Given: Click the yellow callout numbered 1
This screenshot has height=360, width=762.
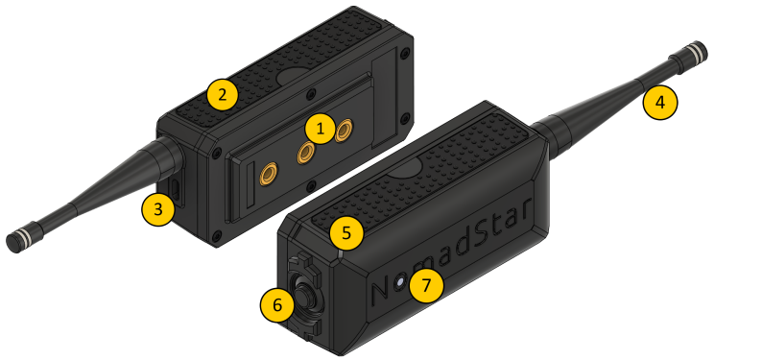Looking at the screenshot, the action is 320,129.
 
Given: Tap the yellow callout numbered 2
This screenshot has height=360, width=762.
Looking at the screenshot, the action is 222,95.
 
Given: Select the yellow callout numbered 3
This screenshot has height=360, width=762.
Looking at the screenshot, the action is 158,209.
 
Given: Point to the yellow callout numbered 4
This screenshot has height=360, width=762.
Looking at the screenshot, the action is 659,102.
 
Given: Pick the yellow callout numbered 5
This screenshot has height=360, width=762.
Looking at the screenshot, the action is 346,232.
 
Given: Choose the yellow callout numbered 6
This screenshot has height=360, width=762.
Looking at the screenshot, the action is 277,305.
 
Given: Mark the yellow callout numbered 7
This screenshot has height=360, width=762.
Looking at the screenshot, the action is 426,286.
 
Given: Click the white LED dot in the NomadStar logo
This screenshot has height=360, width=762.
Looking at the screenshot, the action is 400,282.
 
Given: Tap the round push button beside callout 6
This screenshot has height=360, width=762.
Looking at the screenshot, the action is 304,294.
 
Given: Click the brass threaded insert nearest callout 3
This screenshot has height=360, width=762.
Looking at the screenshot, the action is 269,174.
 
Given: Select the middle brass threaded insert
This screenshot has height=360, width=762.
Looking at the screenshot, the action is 307,153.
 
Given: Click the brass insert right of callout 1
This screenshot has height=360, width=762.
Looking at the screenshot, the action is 345,131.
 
